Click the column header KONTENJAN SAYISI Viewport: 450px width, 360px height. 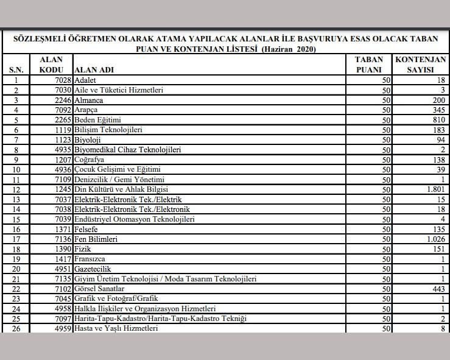click(x=420, y=65)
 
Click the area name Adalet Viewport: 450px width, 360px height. click(x=86, y=80)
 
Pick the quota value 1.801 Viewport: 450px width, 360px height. click(x=434, y=189)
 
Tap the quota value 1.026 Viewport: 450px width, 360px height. click(x=434, y=239)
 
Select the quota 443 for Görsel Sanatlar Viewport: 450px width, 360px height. click(x=438, y=289)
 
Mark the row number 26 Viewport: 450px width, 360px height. click(x=16, y=329)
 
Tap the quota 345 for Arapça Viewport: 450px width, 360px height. click(x=438, y=110)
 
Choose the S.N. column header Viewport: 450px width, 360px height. click(x=16, y=70)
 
